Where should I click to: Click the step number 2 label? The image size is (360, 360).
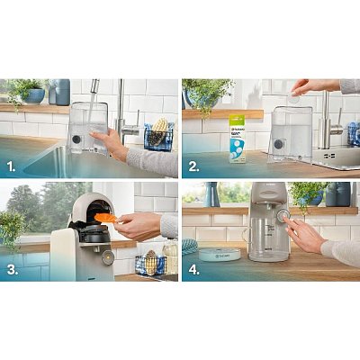(192, 166)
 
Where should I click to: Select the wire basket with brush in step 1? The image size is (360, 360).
(158, 134)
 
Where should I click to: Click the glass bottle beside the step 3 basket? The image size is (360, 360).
(170, 258)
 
